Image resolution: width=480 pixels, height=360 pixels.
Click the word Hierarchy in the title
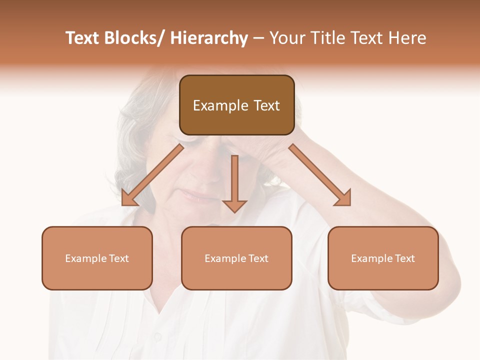208,38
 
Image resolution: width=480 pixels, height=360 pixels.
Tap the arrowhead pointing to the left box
130,197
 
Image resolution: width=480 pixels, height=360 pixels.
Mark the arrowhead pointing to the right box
343,197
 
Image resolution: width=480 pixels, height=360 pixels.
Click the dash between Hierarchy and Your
258,39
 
